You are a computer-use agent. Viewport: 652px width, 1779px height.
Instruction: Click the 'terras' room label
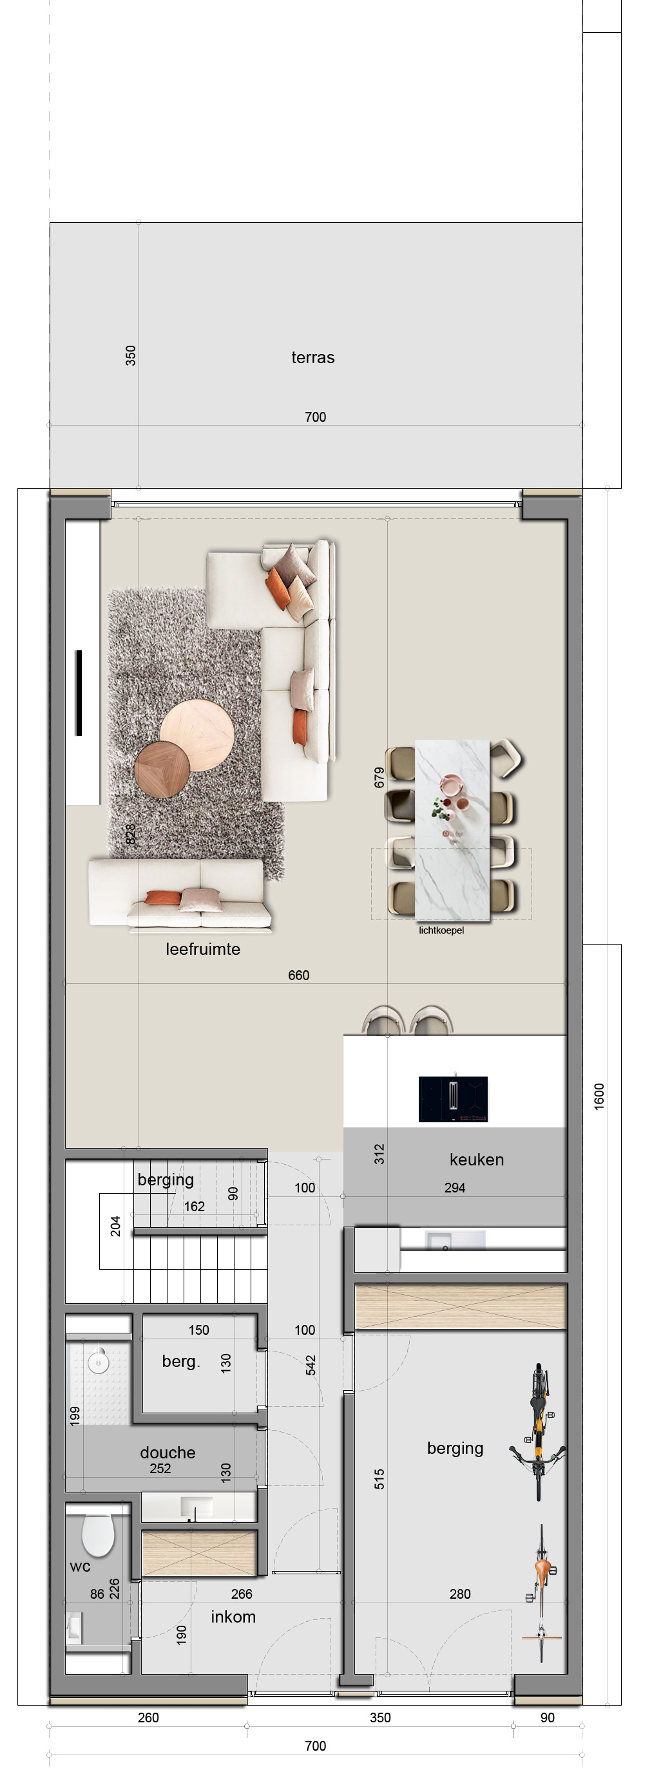313,357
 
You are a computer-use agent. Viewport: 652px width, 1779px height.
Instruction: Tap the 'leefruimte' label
203,949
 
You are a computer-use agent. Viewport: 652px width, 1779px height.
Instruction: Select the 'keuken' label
477,1160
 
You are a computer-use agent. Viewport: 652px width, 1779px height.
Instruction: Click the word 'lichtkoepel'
441,930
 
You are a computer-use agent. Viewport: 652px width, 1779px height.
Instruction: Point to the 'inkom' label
233,1617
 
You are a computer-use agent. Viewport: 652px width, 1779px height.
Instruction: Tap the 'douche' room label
168,1453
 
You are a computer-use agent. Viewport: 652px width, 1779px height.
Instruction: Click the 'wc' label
80,1567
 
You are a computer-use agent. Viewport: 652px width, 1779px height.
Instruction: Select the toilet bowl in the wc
98,1535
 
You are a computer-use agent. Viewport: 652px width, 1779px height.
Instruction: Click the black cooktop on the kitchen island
453,1098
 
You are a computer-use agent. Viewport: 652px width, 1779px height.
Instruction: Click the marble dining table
452,830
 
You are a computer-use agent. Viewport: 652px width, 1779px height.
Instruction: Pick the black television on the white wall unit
79,693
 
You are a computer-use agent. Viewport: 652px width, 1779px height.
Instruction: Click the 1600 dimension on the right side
599,1097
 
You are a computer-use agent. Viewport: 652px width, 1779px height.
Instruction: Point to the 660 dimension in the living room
298,975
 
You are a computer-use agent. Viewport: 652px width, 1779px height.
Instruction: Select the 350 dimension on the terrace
131,355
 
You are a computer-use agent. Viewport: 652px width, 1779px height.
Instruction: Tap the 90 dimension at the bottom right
547,1718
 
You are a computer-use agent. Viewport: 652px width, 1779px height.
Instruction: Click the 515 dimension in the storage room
379,1478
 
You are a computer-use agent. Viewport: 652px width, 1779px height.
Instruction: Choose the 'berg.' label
181,1361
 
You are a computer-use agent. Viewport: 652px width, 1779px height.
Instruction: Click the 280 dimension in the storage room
460,1594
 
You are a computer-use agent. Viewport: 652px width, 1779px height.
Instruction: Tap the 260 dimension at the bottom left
148,1718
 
